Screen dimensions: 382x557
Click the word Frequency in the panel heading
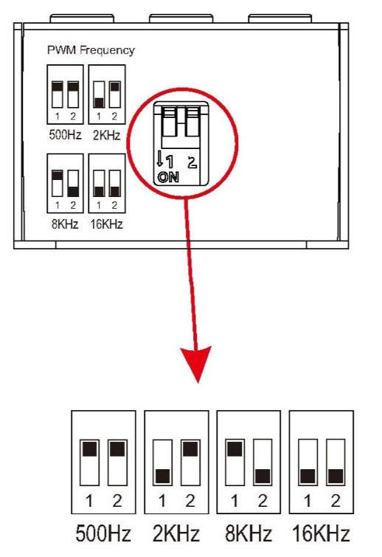tap(107, 50)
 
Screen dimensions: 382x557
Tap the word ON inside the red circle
tap(168, 177)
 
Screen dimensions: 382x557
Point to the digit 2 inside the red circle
tap(192, 162)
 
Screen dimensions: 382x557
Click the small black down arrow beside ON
tap(160, 159)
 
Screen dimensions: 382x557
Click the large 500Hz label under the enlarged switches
tap(103, 533)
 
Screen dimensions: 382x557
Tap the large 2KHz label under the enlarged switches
tap(176, 533)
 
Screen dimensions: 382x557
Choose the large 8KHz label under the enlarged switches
tap(249, 533)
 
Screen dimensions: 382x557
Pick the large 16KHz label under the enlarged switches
tap(321, 533)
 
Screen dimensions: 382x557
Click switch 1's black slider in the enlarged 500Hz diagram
tap(89, 449)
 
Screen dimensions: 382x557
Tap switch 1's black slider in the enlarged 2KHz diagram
tap(162, 476)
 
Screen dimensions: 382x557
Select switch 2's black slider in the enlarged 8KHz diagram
tap(263, 476)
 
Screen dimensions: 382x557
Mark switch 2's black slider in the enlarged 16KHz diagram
tap(336, 476)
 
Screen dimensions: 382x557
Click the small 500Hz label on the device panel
tap(66, 135)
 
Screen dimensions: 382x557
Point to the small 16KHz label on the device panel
tap(106, 224)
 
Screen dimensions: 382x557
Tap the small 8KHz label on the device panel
tap(65, 224)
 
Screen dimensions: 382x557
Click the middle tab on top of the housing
tap(181, 18)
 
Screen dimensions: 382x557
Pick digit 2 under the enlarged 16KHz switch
tap(336, 501)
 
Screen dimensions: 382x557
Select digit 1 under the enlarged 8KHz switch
tap(235, 501)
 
